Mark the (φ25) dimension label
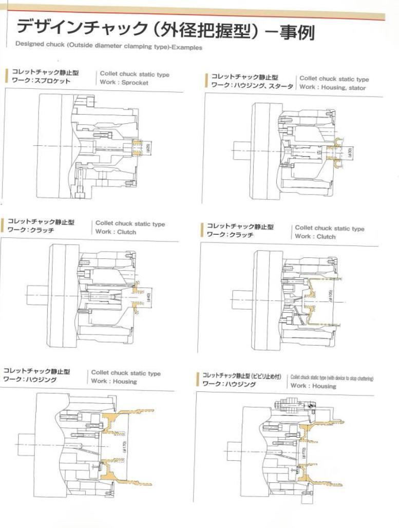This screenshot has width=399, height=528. point(148,148)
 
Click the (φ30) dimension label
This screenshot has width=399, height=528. point(349,152)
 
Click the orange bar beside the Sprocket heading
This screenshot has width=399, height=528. point(7,78)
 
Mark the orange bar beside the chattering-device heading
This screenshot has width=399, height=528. point(198,380)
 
